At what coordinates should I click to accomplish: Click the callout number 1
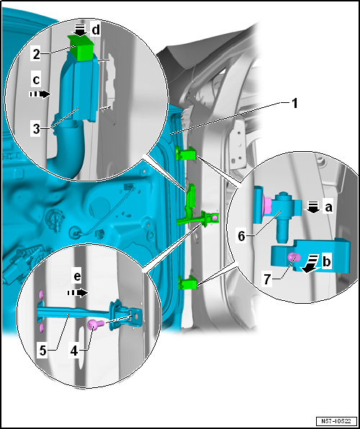point(294,104)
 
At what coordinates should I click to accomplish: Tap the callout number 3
point(37,129)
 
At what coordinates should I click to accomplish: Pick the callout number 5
point(43,351)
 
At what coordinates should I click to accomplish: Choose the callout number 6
point(241,236)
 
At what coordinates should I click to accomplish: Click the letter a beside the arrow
point(328,207)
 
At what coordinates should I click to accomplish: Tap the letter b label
point(326,262)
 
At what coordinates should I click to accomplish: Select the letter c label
point(36,80)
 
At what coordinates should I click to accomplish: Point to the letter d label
point(96,30)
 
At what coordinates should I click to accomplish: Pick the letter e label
point(78,277)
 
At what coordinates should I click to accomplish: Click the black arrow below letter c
point(40,94)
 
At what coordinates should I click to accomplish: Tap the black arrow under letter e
point(78,293)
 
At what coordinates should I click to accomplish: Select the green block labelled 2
point(81,47)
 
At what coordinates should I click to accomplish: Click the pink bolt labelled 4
point(96,325)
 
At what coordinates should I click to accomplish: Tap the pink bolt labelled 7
point(294,257)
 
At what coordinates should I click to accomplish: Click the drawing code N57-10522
point(336,420)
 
